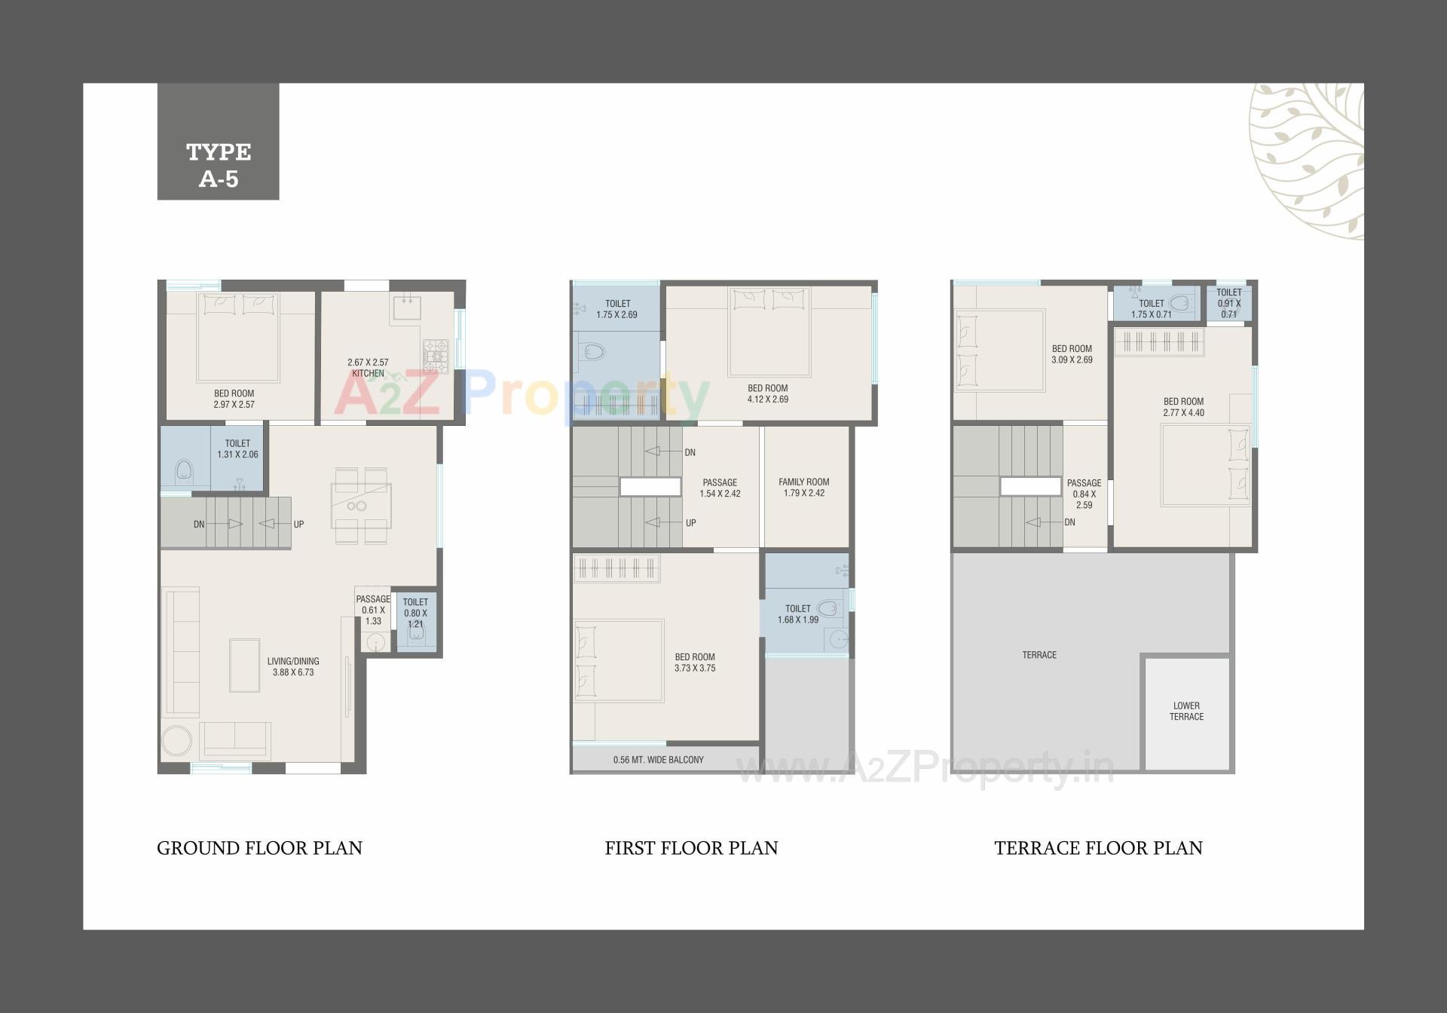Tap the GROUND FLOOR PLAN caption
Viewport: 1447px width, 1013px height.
pyautogui.click(x=259, y=848)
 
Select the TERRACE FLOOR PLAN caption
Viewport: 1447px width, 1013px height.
pyautogui.click(x=1098, y=848)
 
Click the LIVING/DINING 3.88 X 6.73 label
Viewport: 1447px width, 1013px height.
pyautogui.click(x=293, y=666)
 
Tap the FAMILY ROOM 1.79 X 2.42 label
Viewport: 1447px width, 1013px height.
pyautogui.click(x=803, y=487)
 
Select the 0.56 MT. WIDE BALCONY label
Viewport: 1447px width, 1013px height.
pyautogui.click(x=658, y=760)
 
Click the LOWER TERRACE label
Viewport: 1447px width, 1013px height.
pyautogui.click(x=1186, y=711)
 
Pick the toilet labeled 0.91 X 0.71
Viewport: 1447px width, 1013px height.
pyautogui.click(x=1228, y=303)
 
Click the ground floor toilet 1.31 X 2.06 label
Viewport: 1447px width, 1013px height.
pyautogui.click(x=237, y=448)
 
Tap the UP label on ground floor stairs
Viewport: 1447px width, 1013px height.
pyautogui.click(x=298, y=525)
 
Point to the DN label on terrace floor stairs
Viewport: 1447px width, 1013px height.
pyautogui.click(x=1069, y=522)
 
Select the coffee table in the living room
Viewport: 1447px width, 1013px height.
pyautogui.click(x=245, y=665)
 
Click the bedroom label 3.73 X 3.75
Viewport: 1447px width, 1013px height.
pyautogui.click(x=695, y=663)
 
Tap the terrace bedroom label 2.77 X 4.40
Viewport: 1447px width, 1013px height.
pyautogui.click(x=1183, y=407)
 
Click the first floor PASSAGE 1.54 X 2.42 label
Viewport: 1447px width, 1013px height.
pyautogui.click(x=720, y=488)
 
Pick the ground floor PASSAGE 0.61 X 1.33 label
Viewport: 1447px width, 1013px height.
pyautogui.click(x=373, y=610)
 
